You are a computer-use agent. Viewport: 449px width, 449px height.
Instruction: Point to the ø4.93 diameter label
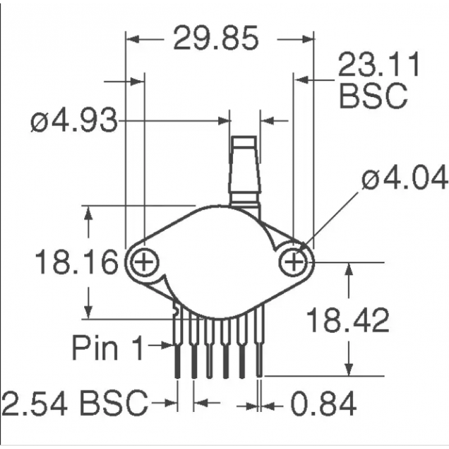click(74, 121)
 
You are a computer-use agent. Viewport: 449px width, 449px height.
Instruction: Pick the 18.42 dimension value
click(347, 321)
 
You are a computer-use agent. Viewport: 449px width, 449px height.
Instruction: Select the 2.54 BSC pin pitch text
click(75, 402)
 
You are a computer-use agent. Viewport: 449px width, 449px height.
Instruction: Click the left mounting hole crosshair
click(145, 262)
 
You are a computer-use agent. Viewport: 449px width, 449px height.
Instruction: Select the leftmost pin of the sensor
click(178, 348)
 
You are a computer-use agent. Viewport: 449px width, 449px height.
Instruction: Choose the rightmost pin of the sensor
click(260, 348)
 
